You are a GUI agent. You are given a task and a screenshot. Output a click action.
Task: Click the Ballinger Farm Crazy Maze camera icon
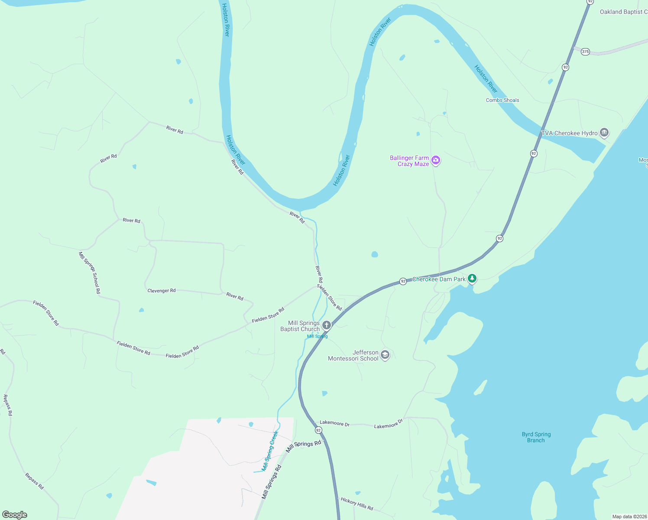pos(436,161)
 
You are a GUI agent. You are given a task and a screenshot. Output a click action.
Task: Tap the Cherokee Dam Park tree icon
pos(472,279)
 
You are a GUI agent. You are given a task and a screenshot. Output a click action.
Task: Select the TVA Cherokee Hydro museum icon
pos(604,133)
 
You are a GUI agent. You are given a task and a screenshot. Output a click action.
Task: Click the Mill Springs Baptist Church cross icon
pos(327,325)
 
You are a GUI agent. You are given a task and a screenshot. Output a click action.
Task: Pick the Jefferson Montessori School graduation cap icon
pos(385,355)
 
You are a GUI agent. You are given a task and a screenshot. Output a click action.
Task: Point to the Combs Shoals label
pos(502,100)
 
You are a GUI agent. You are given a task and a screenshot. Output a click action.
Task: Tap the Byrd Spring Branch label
pos(536,437)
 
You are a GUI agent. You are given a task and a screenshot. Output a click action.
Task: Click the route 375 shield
pos(586,52)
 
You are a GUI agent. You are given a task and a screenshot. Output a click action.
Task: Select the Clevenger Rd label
pos(162,290)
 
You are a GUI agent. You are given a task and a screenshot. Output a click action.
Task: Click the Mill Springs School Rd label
pos(90,273)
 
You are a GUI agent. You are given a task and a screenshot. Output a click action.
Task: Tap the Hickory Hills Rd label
pos(357,504)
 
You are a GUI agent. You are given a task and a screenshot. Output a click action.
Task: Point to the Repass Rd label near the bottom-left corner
pos(34,481)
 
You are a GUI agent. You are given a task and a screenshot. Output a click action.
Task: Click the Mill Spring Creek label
pos(269,451)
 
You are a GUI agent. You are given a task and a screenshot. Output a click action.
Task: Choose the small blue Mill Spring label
pos(318,336)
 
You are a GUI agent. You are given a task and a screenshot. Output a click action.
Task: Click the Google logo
pos(15,515)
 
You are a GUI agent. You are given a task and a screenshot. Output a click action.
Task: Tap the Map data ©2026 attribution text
pos(629,517)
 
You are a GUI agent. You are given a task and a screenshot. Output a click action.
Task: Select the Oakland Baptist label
pos(623,12)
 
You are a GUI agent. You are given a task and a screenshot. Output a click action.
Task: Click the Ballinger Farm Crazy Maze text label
pos(409,161)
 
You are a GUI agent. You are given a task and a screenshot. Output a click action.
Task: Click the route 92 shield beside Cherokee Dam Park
pos(403,281)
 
